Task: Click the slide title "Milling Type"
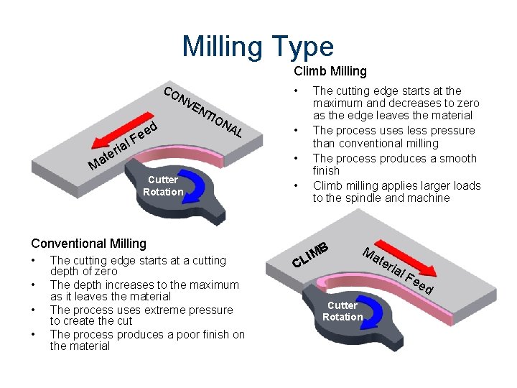point(258,46)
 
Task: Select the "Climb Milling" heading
point(330,71)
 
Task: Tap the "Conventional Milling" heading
point(89,244)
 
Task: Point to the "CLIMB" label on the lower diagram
point(312,254)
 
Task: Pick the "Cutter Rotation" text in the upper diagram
point(163,186)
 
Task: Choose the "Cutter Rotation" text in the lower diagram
point(343,311)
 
